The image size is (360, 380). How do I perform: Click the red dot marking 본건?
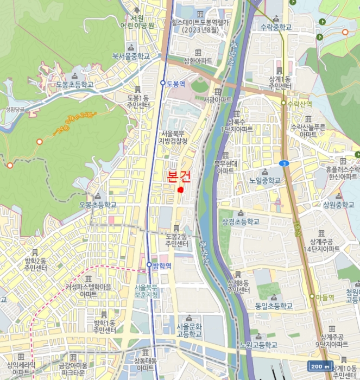[x=180, y=189]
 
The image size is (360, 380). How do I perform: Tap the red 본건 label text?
[x=179, y=176]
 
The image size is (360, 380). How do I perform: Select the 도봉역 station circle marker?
[x=163, y=83]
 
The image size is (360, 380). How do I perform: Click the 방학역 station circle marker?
[x=149, y=265]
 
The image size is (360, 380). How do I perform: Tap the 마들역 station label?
[x=325, y=297]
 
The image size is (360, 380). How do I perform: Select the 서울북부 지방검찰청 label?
[x=174, y=137]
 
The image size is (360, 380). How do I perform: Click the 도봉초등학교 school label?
[x=75, y=85]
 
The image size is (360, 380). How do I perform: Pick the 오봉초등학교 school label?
[x=98, y=205]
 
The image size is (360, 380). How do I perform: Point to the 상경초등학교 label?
[x=241, y=221]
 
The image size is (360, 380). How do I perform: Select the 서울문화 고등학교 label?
[x=189, y=330]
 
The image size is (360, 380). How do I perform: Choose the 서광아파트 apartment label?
[x=217, y=100]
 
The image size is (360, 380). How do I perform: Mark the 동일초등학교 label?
[x=273, y=306]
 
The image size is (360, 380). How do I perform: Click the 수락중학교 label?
[x=276, y=27]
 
